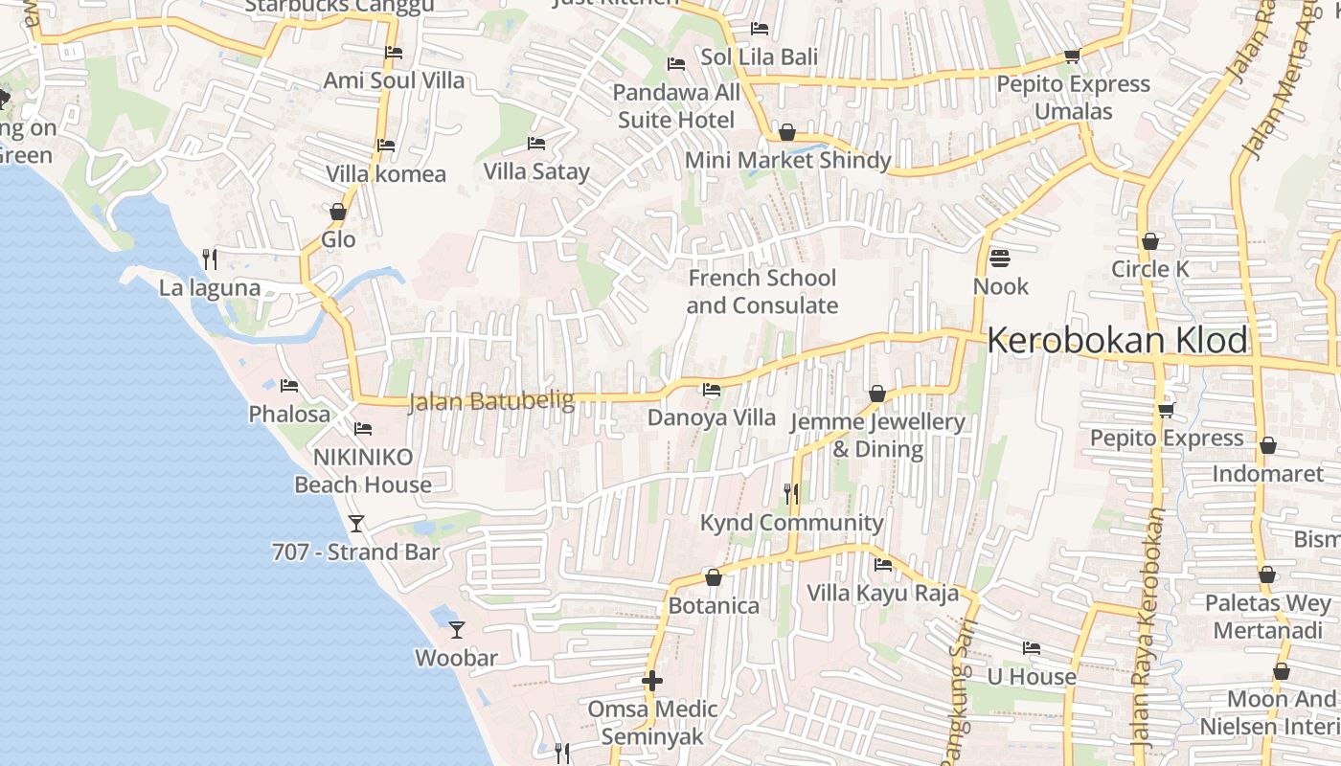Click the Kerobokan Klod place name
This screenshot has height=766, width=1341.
point(1118,341)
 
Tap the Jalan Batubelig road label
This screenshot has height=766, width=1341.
point(491,401)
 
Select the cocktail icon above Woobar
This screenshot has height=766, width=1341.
point(457,630)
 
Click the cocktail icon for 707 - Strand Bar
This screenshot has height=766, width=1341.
point(356,524)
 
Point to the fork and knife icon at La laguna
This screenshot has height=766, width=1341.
point(210,259)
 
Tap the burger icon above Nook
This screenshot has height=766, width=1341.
point(1000,259)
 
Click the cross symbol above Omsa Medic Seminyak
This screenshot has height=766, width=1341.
point(652,681)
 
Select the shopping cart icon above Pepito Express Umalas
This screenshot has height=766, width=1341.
point(1072,56)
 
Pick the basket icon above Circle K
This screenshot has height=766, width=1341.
point(1149,241)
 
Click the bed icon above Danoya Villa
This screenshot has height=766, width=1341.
point(712,390)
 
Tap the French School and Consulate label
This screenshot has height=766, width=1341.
point(762,292)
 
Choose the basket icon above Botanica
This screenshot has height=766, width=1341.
point(713,577)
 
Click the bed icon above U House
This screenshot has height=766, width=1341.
point(1032,648)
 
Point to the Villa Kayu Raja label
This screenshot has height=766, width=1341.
point(882,593)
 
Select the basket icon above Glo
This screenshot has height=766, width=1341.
point(337,212)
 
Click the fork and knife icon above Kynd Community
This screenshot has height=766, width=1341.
point(791,494)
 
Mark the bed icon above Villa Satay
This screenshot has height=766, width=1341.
point(536,144)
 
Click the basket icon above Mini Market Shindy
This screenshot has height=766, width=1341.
point(787,132)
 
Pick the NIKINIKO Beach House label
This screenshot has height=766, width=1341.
point(363,470)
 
